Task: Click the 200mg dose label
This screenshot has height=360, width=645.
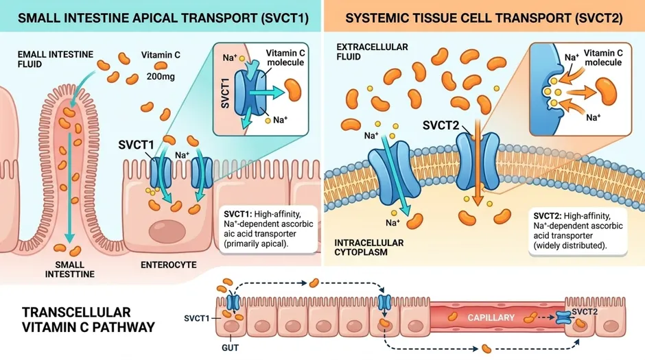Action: pyautogui.click(x=161, y=76)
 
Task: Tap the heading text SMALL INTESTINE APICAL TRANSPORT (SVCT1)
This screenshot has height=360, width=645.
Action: pyautogui.click(x=163, y=19)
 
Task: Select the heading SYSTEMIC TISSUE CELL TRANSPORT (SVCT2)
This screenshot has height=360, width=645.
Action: pyautogui.click(x=484, y=19)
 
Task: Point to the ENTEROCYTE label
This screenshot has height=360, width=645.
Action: pyautogui.click(x=169, y=265)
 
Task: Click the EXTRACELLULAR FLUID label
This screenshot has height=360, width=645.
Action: pyautogui.click(x=372, y=52)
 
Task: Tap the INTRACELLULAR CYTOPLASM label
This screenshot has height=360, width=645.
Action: pyautogui.click(x=369, y=248)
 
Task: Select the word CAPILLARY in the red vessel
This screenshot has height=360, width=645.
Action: pyautogui.click(x=491, y=317)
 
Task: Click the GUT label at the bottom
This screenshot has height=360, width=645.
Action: pyautogui.click(x=230, y=348)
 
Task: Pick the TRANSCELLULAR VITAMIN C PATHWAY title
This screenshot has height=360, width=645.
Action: pyautogui.click(x=89, y=320)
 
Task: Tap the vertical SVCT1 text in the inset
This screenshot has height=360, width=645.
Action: pyautogui.click(x=225, y=93)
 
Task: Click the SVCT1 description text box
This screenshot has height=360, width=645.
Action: pyautogui.click(x=269, y=229)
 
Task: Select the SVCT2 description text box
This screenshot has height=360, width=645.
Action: pyautogui.click(x=578, y=230)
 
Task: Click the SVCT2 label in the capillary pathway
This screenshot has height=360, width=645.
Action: pyautogui.click(x=584, y=312)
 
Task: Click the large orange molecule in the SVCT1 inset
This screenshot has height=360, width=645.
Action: pyautogui.click(x=294, y=90)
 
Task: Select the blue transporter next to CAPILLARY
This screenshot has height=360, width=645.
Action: pyautogui.click(x=563, y=317)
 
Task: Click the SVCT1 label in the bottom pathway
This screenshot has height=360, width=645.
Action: pyautogui.click(x=197, y=318)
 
